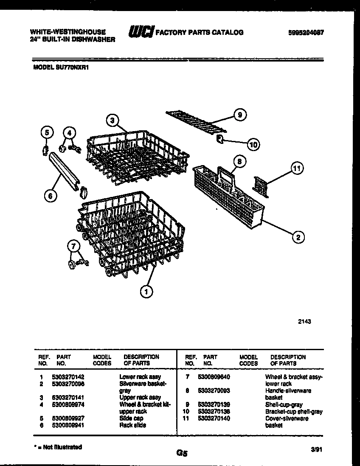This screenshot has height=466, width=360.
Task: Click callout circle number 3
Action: (112, 121)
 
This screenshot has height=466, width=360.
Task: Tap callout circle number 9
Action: (240, 115)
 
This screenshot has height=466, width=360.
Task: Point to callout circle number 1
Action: (146, 291)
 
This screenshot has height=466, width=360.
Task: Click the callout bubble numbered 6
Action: (50, 196)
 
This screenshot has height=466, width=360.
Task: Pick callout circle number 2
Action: (298, 237)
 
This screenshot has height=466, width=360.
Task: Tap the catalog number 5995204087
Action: (303, 32)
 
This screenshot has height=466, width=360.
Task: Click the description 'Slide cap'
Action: (131, 418)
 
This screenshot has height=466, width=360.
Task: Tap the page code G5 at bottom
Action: (182, 453)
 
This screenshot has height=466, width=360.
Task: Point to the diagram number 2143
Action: (304, 321)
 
